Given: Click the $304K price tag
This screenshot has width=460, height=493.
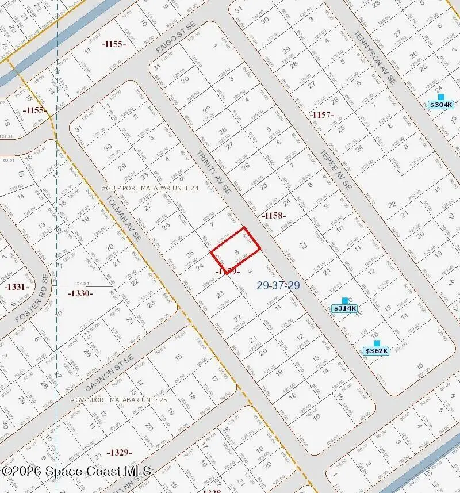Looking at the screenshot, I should pyautogui.click(x=441, y=105).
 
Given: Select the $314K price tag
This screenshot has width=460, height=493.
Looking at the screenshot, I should pyautogui.click(x=345, y=308).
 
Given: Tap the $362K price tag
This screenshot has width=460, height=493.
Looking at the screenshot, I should pyautogui.click(x=377, y=351).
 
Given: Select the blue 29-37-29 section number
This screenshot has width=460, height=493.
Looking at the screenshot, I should pyautogui.click(x=278, y=285).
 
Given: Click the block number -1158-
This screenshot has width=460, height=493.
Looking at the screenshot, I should pyautogui.click(x=274, y=215).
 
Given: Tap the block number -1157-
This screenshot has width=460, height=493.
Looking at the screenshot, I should pyautogui.click(x=322, y=115).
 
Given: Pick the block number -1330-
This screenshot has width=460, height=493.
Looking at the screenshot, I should pyautogui.click(x=80, y=293).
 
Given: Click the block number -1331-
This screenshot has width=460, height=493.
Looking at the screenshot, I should pyautogui.click(x=16, y=286).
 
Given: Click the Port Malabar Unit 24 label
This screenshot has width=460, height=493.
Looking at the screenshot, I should pyautogui.click(x=149, y=188).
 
